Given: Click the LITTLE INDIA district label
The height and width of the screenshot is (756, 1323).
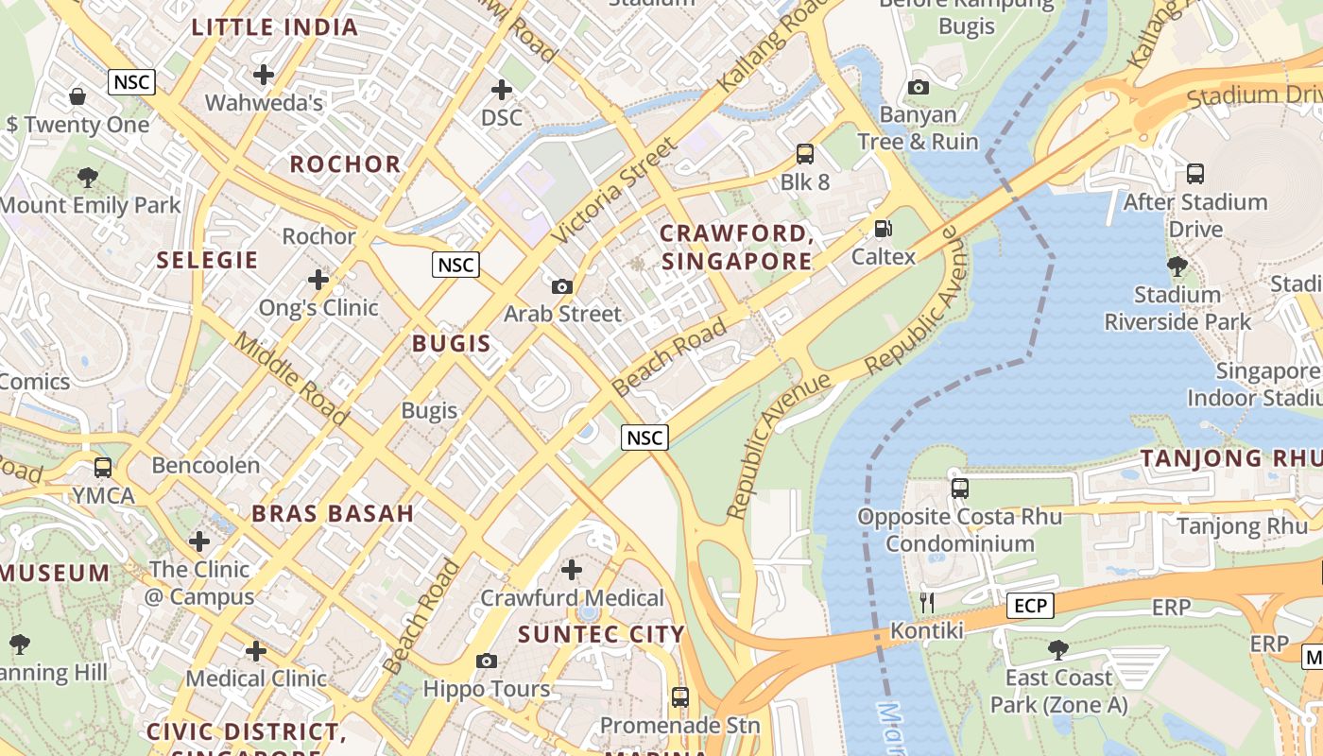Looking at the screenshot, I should (x=275, y=27).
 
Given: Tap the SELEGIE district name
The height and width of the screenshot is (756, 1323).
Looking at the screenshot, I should (x=207, y=260).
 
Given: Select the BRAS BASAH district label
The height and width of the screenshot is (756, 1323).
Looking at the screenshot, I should (x=333, y=513).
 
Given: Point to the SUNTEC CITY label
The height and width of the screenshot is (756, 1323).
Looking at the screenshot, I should (x=601, y=634).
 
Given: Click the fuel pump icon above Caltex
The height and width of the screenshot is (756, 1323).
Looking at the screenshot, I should (x=884, y=228).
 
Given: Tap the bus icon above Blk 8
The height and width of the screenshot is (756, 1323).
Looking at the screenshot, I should (x=805, y=153).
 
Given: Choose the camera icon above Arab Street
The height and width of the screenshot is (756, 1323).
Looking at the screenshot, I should (x=562, y=285).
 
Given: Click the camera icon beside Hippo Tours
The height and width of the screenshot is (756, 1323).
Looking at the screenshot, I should (x=487, y=661).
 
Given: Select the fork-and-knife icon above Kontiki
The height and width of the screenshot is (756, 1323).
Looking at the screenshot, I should (x=927, y=602).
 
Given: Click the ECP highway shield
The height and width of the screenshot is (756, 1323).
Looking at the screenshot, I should (x=1029, y=605).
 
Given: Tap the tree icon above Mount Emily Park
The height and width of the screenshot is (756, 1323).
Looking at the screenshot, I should (x=88, y=177).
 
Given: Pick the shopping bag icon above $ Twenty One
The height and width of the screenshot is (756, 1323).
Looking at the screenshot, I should (x=77, y=96).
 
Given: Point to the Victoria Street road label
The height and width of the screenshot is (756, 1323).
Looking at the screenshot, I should (x=615, y=190).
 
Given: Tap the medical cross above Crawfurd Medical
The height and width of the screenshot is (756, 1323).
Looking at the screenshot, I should (x=572, y=570).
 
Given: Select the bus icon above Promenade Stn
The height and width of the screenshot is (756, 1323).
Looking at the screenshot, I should (x=679, y=697).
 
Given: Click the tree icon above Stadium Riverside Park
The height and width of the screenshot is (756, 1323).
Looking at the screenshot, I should (x=1177, y=266).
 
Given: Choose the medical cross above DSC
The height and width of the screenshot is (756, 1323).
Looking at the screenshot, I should (x=502, y=90).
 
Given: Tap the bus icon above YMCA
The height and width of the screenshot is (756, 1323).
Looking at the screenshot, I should (x=103, y=467).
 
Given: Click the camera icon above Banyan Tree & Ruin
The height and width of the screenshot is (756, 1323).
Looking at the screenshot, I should (x=918, y=87).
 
